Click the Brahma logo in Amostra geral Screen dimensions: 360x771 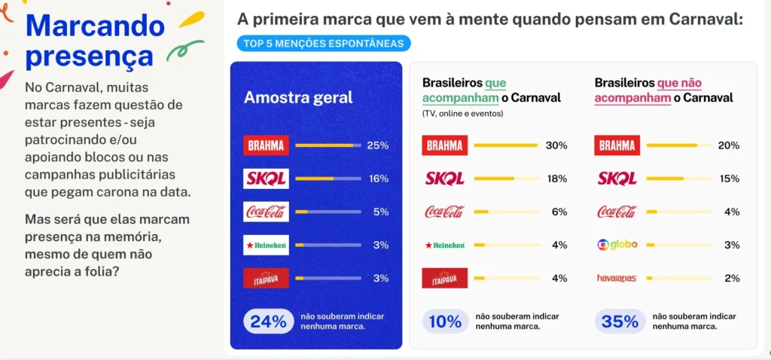point(266,145)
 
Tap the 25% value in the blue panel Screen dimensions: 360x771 point(377,145)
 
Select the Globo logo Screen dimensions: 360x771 point(617,245)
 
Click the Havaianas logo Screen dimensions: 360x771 point(617,278)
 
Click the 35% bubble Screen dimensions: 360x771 point(620,322)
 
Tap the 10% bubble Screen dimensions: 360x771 point(444,322)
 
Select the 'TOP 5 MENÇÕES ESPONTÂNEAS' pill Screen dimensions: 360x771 point(324,43)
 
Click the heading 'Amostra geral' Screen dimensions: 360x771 point(298,97)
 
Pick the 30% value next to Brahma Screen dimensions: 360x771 point(556,145)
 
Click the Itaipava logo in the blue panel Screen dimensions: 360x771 point(266,278)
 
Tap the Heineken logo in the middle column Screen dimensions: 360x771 point(444,245)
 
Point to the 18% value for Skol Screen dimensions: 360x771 point(556,178)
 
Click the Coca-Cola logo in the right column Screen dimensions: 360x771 point(617,212)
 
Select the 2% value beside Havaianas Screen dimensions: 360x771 point(731,278)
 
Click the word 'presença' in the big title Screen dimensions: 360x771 point(89,56)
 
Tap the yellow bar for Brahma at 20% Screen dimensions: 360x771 point(672,145)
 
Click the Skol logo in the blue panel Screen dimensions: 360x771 point(266,178)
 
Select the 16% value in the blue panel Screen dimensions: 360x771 point(377,178)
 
